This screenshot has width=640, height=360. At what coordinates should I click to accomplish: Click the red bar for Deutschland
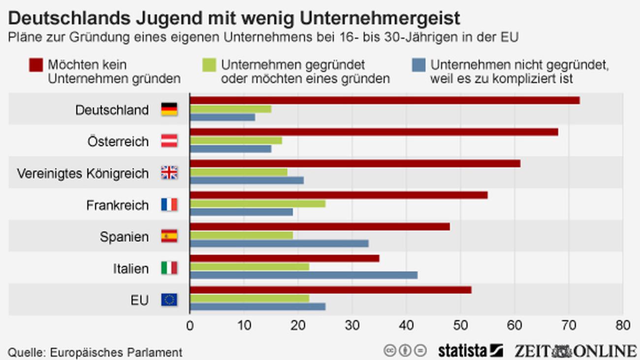[x=384, y=100]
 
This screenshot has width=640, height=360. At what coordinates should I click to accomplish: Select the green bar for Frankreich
[x=257, y=203]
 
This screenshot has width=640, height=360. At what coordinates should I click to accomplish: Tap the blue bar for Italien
[x=303, y=275]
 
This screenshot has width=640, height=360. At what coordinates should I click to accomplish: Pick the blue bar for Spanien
[x=279, y=243]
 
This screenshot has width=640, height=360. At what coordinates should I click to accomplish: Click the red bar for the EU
[x=330, y=290]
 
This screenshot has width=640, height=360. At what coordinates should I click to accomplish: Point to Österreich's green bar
[x=236, y=140]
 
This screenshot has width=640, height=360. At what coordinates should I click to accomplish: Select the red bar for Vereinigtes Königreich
[x=355, y=164]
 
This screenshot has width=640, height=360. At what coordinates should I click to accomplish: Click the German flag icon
[x=169, y=109]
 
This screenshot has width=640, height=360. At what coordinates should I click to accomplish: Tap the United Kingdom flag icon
[x=169, y=173]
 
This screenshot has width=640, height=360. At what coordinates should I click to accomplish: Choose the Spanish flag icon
[x=169, y=236]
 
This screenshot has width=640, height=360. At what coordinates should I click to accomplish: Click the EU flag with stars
[x=169, y=299]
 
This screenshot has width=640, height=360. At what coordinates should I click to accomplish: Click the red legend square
[x=36, y=65]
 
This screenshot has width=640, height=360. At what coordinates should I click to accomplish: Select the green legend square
[x=209, y=65]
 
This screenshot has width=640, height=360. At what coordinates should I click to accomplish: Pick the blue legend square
[x=418, y=65]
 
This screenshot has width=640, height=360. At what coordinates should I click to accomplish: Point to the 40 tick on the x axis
[x=406, y=326]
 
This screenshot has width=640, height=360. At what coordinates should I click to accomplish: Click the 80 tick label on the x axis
[x=623, y=326]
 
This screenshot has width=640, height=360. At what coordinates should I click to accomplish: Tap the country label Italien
[x=130, y=268]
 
